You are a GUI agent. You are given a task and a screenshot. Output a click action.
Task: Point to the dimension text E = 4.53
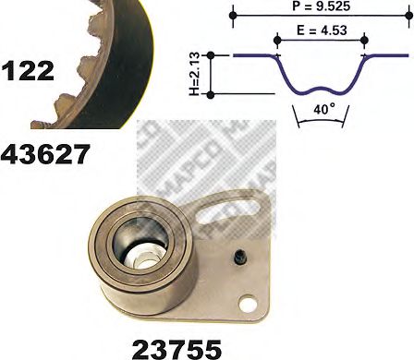click(x=320, y=31)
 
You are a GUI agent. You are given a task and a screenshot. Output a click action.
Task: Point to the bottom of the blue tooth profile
click(x=321, y=92)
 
